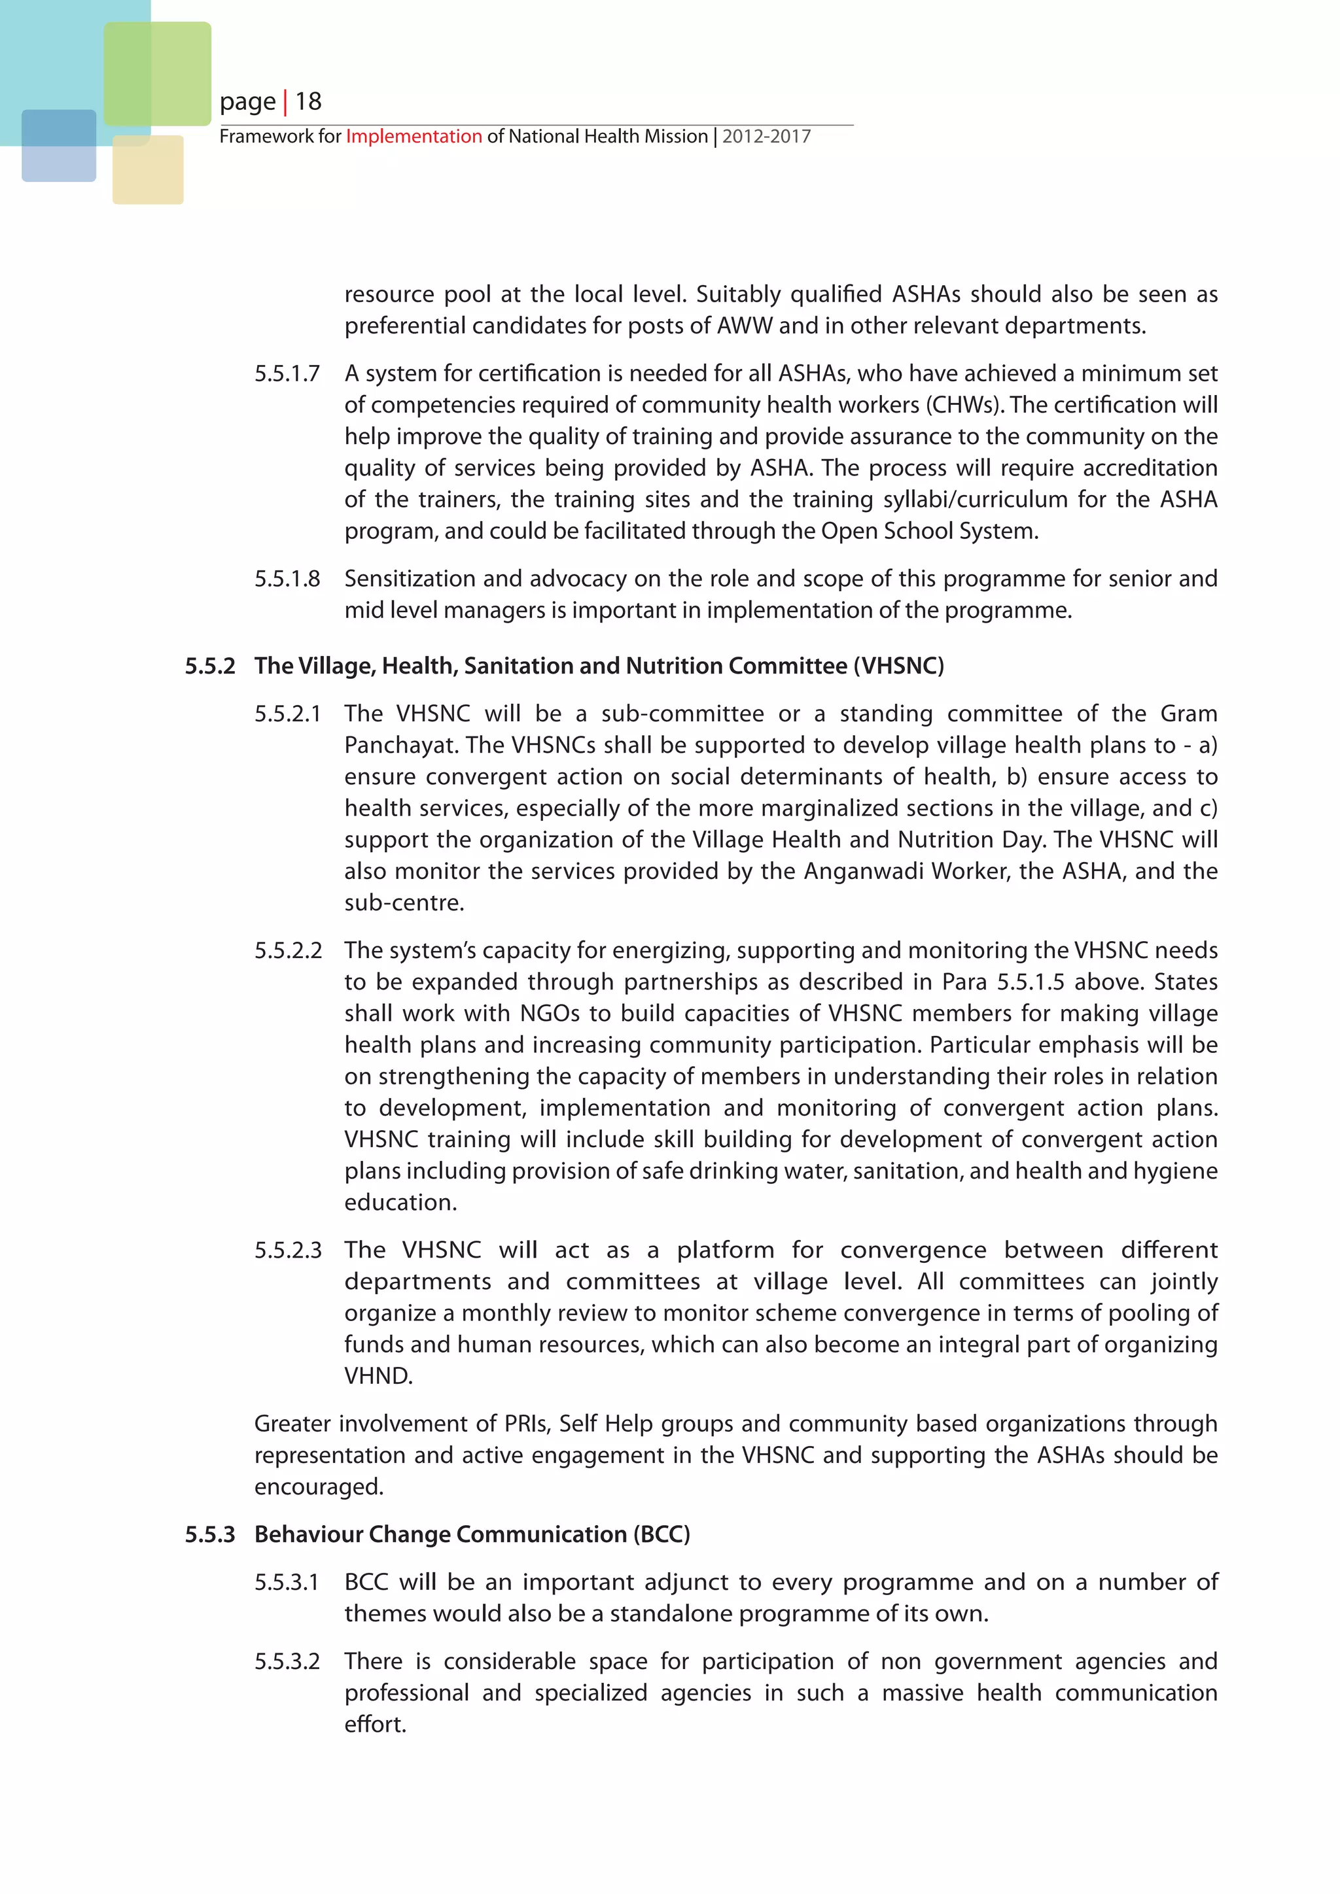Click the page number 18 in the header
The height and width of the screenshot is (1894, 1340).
tap(309, 101)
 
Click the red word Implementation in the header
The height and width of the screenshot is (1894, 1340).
tap(414, 136)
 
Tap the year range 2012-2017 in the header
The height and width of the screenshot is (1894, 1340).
tap(767, 136)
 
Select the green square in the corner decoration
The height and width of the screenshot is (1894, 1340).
tap(158, 73)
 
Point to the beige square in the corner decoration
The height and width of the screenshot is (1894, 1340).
tap(148, 170)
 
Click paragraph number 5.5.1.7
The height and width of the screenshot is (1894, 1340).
tap(287, 373)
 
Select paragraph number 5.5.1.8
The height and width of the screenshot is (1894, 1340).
tap(287, 579)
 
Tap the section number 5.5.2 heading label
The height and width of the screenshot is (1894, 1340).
tap(209, 666)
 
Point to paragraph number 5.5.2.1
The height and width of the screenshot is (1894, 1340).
tap(287, 714)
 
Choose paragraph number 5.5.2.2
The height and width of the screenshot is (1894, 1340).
tap(287, 950)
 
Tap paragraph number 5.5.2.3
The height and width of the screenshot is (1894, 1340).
tap(287, 1250)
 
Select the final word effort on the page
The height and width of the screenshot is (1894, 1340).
tap(375, 1724)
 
